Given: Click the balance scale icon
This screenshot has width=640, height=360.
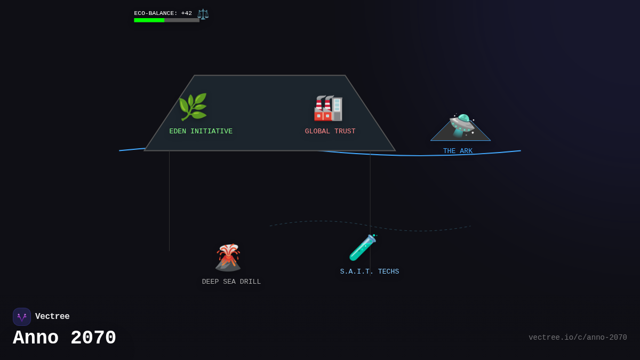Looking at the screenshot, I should click(203, 14).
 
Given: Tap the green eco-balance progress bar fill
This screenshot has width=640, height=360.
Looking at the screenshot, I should click(149, 20).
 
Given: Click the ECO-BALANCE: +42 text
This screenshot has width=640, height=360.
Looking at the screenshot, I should click(163, 13).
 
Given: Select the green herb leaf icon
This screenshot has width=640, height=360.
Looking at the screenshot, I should click(193, 107).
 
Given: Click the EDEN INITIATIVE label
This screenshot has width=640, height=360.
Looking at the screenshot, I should click(201, 131).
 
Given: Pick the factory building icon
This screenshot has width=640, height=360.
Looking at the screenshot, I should click(328, 108).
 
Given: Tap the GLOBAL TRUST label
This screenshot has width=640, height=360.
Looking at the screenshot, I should click(330, 131).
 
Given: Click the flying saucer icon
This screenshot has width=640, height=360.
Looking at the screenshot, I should click(461, 126).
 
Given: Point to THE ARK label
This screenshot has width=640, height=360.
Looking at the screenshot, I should click(458, 151).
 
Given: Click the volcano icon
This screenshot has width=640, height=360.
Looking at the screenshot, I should click(228, 258).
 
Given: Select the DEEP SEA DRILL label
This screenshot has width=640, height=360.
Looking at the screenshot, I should click(231, 282).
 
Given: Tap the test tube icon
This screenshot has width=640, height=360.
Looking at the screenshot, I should click(363, 247).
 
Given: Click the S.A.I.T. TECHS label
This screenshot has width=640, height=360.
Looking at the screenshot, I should click(370, 271).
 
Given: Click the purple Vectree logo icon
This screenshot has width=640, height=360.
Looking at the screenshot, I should click(22, 317).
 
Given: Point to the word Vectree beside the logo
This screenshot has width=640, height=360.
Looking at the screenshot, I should click(52, 317).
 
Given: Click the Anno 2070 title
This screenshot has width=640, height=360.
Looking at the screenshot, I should click(65, 338).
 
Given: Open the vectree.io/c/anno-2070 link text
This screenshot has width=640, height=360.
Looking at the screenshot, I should click(578, 338).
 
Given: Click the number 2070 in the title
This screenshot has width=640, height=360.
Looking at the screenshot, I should click(93, 338).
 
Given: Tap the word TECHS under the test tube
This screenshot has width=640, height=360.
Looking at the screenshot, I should click(388, 271).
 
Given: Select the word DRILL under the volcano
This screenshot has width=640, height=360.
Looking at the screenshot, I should click(251, 282).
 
